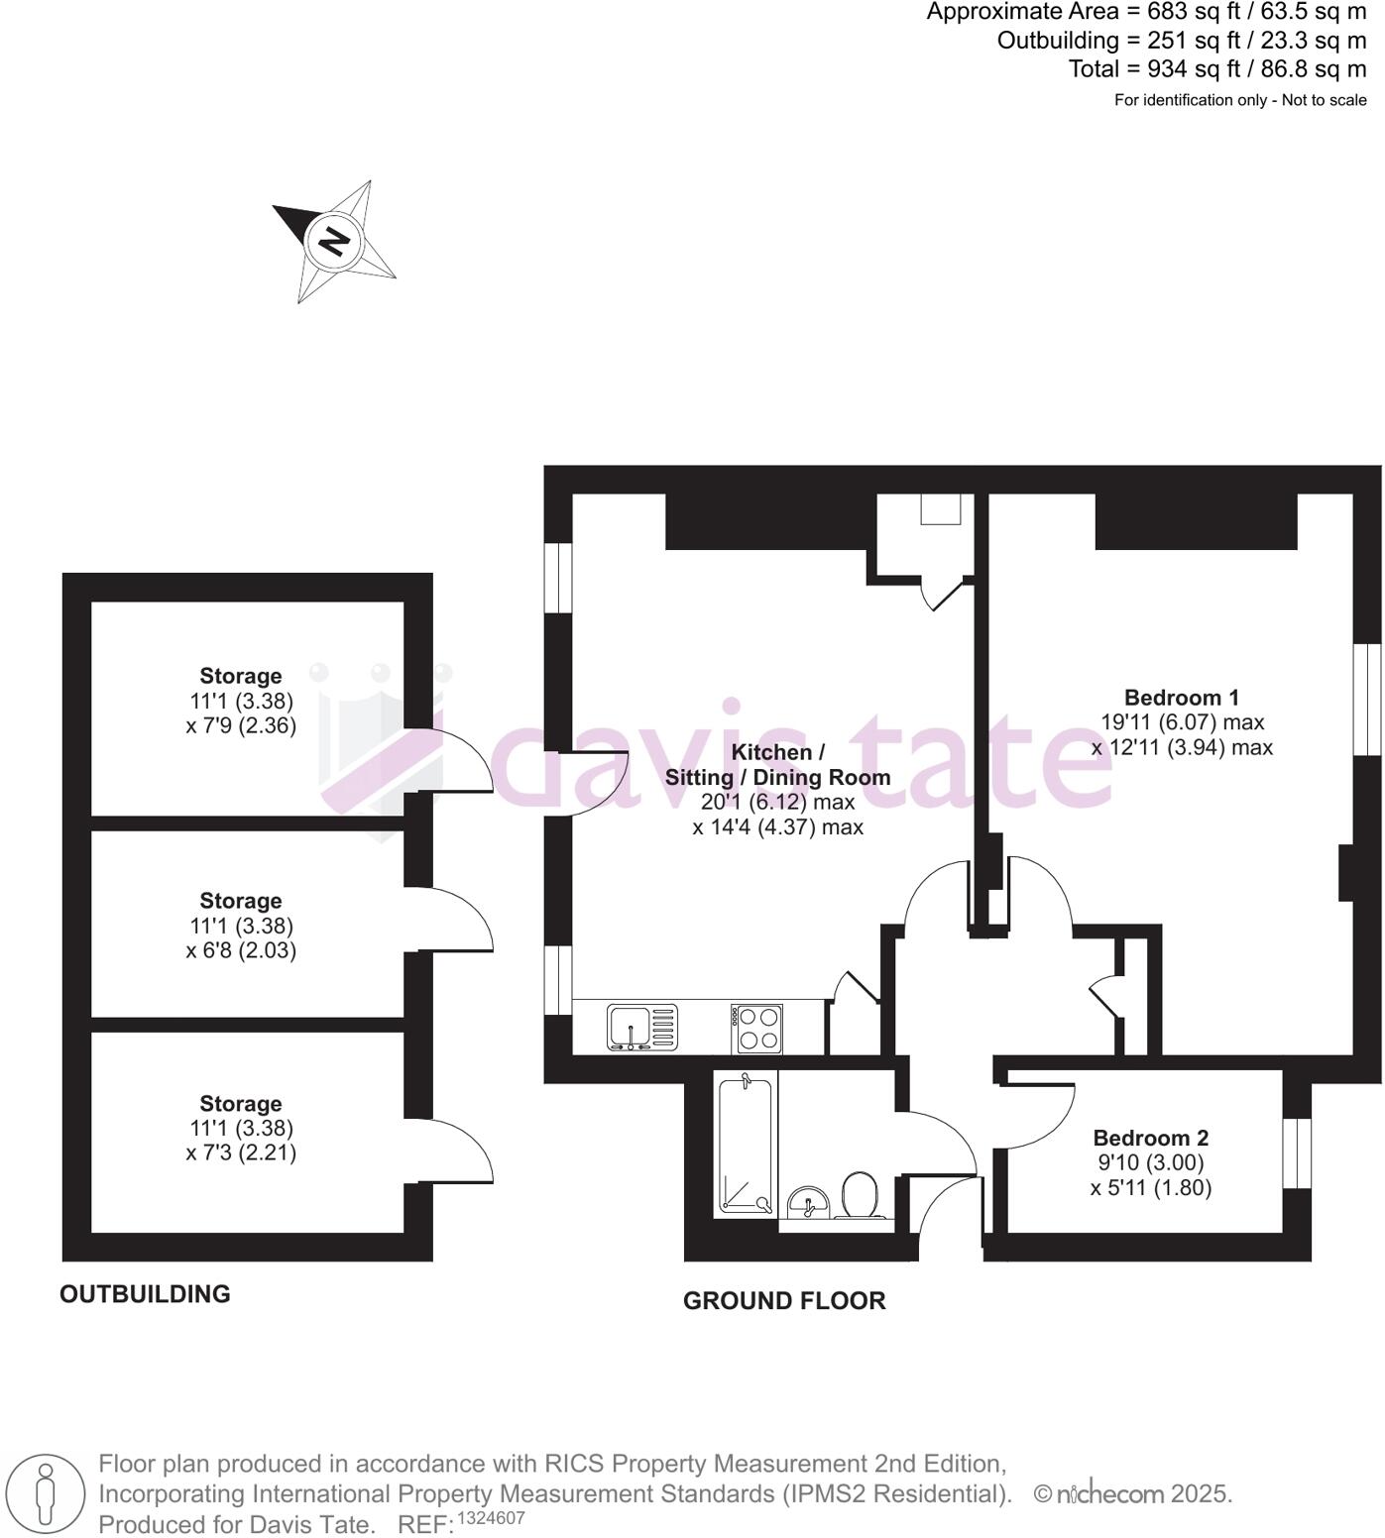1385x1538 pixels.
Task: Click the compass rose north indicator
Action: click(334, 241)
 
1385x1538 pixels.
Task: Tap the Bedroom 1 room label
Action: click(1181, 698)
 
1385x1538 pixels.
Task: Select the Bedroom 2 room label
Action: click(1150, 1138)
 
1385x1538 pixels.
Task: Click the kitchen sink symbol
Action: click(641, 1027)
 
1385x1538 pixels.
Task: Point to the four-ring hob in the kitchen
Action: click(758, 1028)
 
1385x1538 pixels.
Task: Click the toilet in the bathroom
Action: click(858, 1195)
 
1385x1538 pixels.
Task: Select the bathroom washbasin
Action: click(809, 1202)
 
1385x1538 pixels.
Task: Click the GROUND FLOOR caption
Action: click(783, 1301)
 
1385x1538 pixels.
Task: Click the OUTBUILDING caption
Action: click(145, 1294)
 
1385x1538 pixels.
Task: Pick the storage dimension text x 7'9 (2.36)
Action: click(241, 725)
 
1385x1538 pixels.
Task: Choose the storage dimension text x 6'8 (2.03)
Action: click(241, 950)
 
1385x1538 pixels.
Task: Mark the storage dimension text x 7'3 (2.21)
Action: click(241, 1153)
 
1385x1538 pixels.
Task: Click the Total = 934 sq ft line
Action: click(1216, 69)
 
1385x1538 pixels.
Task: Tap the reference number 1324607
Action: click(491, 1518)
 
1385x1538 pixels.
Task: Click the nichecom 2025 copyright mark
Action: click(1132, 1494)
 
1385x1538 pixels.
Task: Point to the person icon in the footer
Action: click(44, 1494)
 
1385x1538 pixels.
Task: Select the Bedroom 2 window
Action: click(1297, 1153)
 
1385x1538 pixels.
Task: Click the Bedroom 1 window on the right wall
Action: click(1367, 699)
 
